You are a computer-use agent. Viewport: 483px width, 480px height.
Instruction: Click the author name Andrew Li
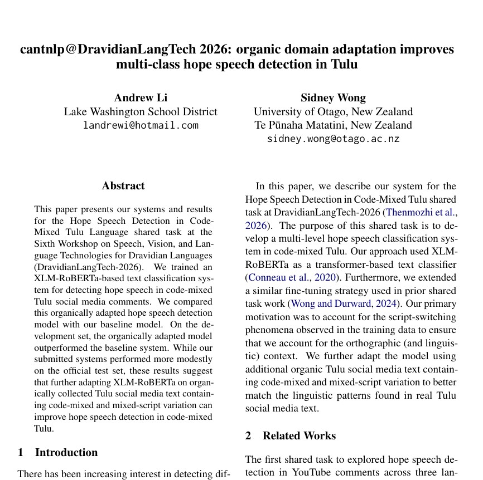click(x=141, y=98)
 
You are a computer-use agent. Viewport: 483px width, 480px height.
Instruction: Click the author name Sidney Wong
click(x=333, y=98)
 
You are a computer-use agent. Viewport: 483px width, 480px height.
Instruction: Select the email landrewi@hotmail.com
click(x=141, y=125)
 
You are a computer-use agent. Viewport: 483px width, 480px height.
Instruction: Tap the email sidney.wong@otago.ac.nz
click(x=333, y=139)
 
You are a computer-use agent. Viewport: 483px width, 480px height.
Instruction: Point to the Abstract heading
click(x=123, y=186)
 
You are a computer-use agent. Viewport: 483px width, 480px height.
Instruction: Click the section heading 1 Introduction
click(x=58, y=452)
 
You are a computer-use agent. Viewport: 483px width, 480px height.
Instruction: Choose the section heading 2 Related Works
click(x=291, y=435)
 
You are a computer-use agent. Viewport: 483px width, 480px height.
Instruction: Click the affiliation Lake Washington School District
click(x=141, y=111)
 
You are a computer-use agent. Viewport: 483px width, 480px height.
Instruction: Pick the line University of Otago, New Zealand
click(x=333, y=111)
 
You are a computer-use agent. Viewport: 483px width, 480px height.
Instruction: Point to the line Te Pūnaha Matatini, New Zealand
click(x=333, y=125)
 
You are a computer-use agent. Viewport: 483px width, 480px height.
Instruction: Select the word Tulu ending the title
click(x=344, y=64)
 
